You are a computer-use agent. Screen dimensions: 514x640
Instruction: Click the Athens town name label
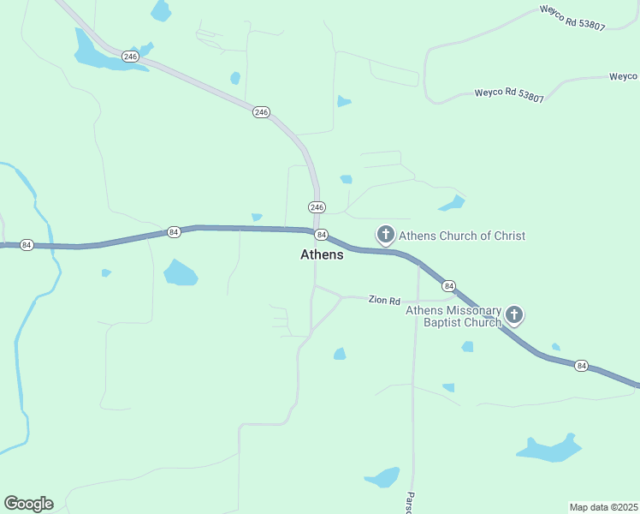(322, 254)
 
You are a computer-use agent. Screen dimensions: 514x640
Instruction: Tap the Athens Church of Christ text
(462, 236)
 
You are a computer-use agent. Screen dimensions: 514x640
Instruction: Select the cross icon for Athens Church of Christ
(386, 234)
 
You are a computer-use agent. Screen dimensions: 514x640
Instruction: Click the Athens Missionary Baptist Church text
(453, 316)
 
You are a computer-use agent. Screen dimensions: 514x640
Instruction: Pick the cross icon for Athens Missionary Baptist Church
(514, 314)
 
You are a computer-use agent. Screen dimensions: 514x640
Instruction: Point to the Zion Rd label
(384, 301)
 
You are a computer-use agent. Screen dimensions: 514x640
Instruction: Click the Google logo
(28, 504)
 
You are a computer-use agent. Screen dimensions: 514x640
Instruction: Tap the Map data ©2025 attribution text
(603, 507)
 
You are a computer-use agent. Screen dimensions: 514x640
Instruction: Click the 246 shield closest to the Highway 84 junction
(317, 207)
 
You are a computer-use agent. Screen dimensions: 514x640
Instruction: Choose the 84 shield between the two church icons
(449, 285)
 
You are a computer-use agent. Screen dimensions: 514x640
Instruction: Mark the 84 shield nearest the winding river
(27, 245)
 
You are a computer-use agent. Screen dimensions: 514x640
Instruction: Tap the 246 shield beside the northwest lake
(130, 57)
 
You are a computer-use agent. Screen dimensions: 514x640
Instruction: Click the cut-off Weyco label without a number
(624, 76)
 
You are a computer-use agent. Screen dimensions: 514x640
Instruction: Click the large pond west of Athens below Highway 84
(180, 273)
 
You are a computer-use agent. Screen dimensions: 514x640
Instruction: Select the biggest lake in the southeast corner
(549, 449)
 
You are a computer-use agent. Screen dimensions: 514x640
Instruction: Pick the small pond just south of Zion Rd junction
(340, 354)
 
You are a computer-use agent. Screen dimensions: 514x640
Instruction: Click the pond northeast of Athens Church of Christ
(451, 204)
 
